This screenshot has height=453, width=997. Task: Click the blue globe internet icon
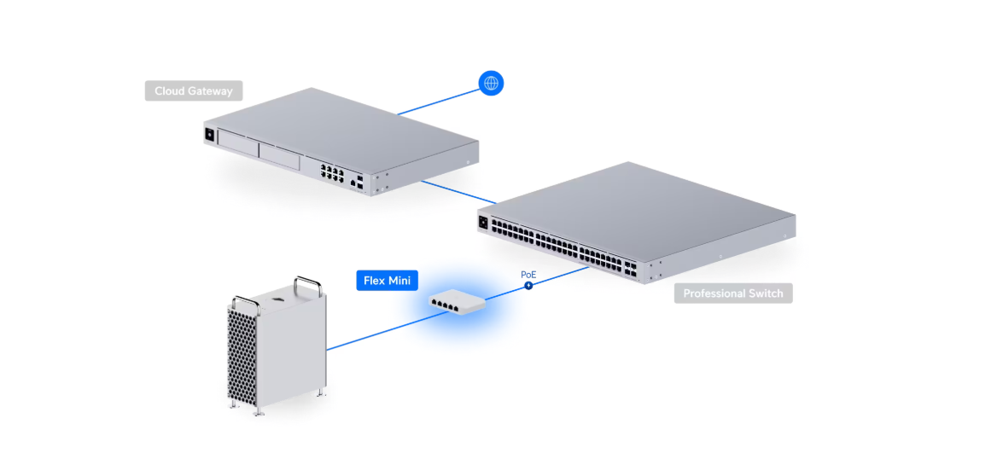(491, 83)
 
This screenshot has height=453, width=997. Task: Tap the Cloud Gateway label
(194, 90)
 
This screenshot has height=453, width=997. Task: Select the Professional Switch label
(733, 293)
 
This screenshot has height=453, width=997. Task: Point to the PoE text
(528, 275)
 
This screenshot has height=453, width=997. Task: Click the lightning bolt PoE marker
(528, 286)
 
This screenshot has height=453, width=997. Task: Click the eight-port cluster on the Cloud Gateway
(332, 172)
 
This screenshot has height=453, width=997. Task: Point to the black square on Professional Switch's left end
(484, 223)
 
